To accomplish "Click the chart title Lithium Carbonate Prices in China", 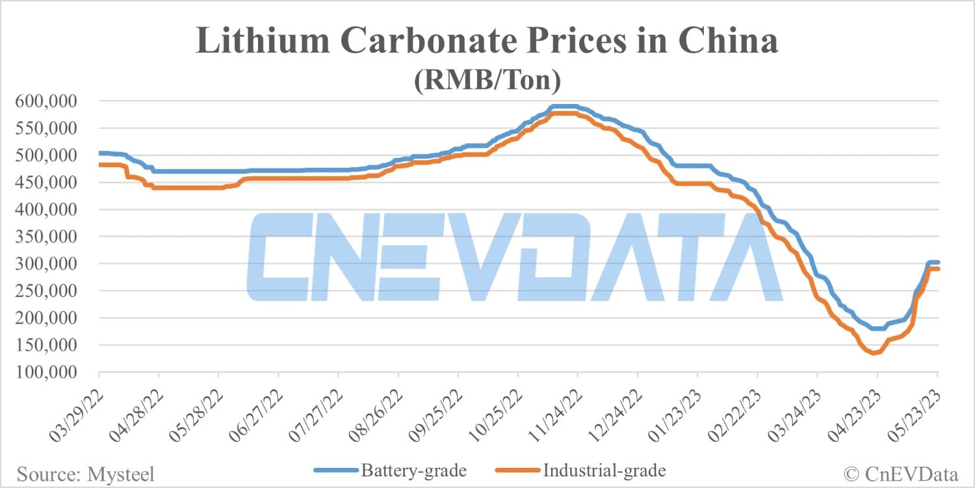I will pyautogui.click(x=487, y=43).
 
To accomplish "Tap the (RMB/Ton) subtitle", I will pyautogui.click(x=487, y=81).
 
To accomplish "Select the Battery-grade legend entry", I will pyautogui.click(x=390, y=470).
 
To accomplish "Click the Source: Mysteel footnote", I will pyautogui.click(x=86, y=474).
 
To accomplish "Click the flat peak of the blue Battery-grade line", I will pyautogui.click(x=564, y=106).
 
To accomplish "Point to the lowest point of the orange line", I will pyautogui.click(x=874, y=353).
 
